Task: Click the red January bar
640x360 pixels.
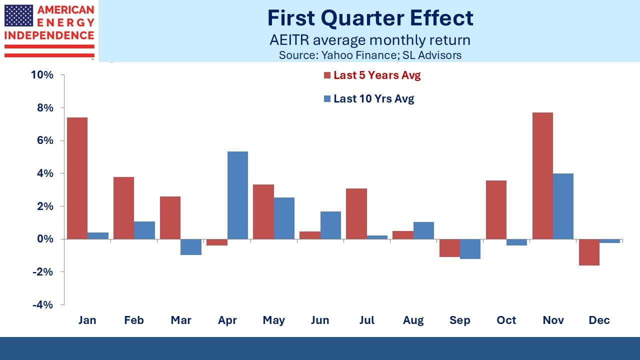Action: click(x=77, y=178)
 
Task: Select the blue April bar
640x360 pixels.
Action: click(x=237, y=195)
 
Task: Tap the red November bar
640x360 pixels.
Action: click(x=542, y=175)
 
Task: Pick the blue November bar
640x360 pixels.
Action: click(x=563, y=206)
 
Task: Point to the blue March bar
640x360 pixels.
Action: click(x=190, y=247)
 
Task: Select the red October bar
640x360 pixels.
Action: click(x=496, y=209)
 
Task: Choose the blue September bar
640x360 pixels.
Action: click(x=470, y=249)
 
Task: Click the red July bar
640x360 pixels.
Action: click(x=356, y=213)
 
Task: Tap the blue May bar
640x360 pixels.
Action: click(x=284, y=218)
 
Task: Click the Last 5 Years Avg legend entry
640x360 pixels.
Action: click(x=372, y=75)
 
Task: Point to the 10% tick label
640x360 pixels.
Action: click(x=42, y=75)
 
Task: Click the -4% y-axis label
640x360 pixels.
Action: click(x=43, y=304)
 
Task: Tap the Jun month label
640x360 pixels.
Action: click(x=320, y=320)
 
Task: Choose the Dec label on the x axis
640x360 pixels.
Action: click(x=599, y=320)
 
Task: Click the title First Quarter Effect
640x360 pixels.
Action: click(x=370, y=18)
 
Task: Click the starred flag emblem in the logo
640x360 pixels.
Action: click(x=18, y=15)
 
